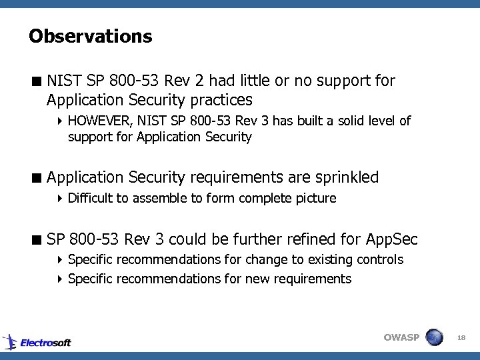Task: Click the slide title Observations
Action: [x=91, y=36]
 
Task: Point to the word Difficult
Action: [x=92, y=198]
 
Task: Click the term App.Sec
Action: [x=392, y=239]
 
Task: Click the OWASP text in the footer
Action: [x=401, y=337]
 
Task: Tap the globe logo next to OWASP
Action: [x=434, y=337]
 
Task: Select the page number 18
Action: [x=461, y=338]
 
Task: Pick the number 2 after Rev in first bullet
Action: [x=199, y=81]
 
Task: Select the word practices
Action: [x=221, y=101]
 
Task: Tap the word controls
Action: [x=382, y=259]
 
